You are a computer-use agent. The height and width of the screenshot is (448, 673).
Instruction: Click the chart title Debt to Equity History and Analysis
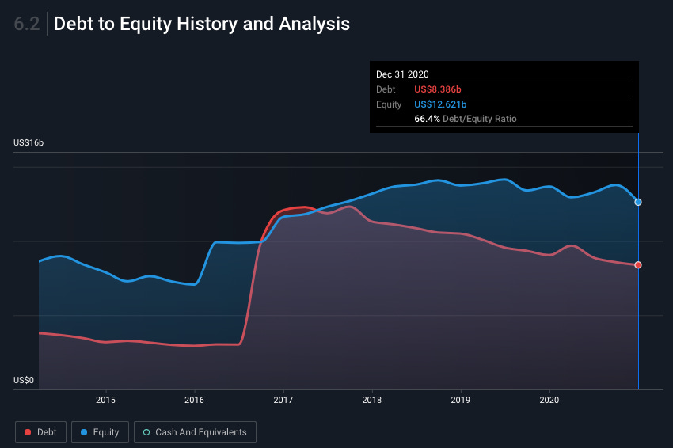pos(201,24)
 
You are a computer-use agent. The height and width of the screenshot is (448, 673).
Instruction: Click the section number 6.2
pos(27,24)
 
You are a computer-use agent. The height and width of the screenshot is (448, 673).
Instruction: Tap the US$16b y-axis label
pos(29,143)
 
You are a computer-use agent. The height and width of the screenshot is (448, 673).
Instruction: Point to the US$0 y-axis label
pos(24,381)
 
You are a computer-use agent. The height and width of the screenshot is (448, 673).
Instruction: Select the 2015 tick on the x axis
pos(105,401)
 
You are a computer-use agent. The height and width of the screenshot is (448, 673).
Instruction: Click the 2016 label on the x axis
pos(194,401)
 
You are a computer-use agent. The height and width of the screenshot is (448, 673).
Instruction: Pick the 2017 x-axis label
pos(283,401)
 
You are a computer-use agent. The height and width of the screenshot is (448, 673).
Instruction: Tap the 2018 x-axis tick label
pos(371,401)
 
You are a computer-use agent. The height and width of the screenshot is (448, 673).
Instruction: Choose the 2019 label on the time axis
pos(461,401)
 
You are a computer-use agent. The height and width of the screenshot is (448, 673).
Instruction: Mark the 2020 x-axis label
pos(549,401)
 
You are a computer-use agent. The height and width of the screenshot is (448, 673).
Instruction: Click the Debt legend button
pos(40,432)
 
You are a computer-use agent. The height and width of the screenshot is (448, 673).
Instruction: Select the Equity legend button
pos(99,432)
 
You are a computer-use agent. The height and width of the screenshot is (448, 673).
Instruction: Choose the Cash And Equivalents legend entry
pos(195,432)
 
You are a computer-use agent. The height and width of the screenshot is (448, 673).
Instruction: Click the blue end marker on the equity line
pos(638,202)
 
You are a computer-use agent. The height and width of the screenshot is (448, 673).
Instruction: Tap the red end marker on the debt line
pos(638,264)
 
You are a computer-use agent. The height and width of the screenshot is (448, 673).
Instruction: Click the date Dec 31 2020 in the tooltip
pos(402,74)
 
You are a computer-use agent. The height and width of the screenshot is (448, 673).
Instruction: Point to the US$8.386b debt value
pos(438,89)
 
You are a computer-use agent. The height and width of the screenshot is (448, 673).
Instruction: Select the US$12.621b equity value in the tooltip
pos(440,104)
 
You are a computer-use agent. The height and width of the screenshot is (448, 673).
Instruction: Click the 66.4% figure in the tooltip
pos(427,119)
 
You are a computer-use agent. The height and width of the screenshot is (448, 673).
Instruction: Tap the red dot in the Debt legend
pos(28,432)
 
